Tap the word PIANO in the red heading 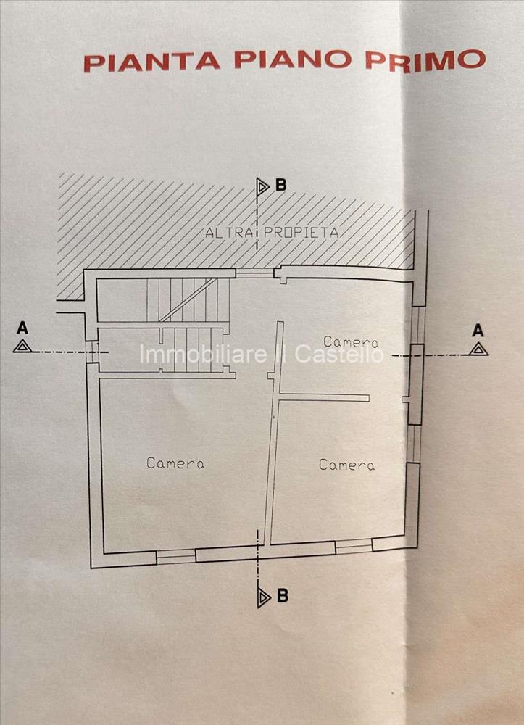coord(294,60)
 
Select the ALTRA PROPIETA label coord(273,232)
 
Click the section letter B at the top coord(281,185)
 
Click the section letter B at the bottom coord(283,595)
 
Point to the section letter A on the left coord(22,328)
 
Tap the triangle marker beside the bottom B coord(264,598)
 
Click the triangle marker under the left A coord(22,346)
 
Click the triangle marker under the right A coord(479,349)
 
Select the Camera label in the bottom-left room coord(175,463)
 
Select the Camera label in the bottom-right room coord(346,465)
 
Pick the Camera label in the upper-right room coord(352,342)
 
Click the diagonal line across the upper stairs coord(188,299)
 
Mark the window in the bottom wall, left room coord(176,556)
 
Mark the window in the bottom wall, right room coord(354,547)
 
